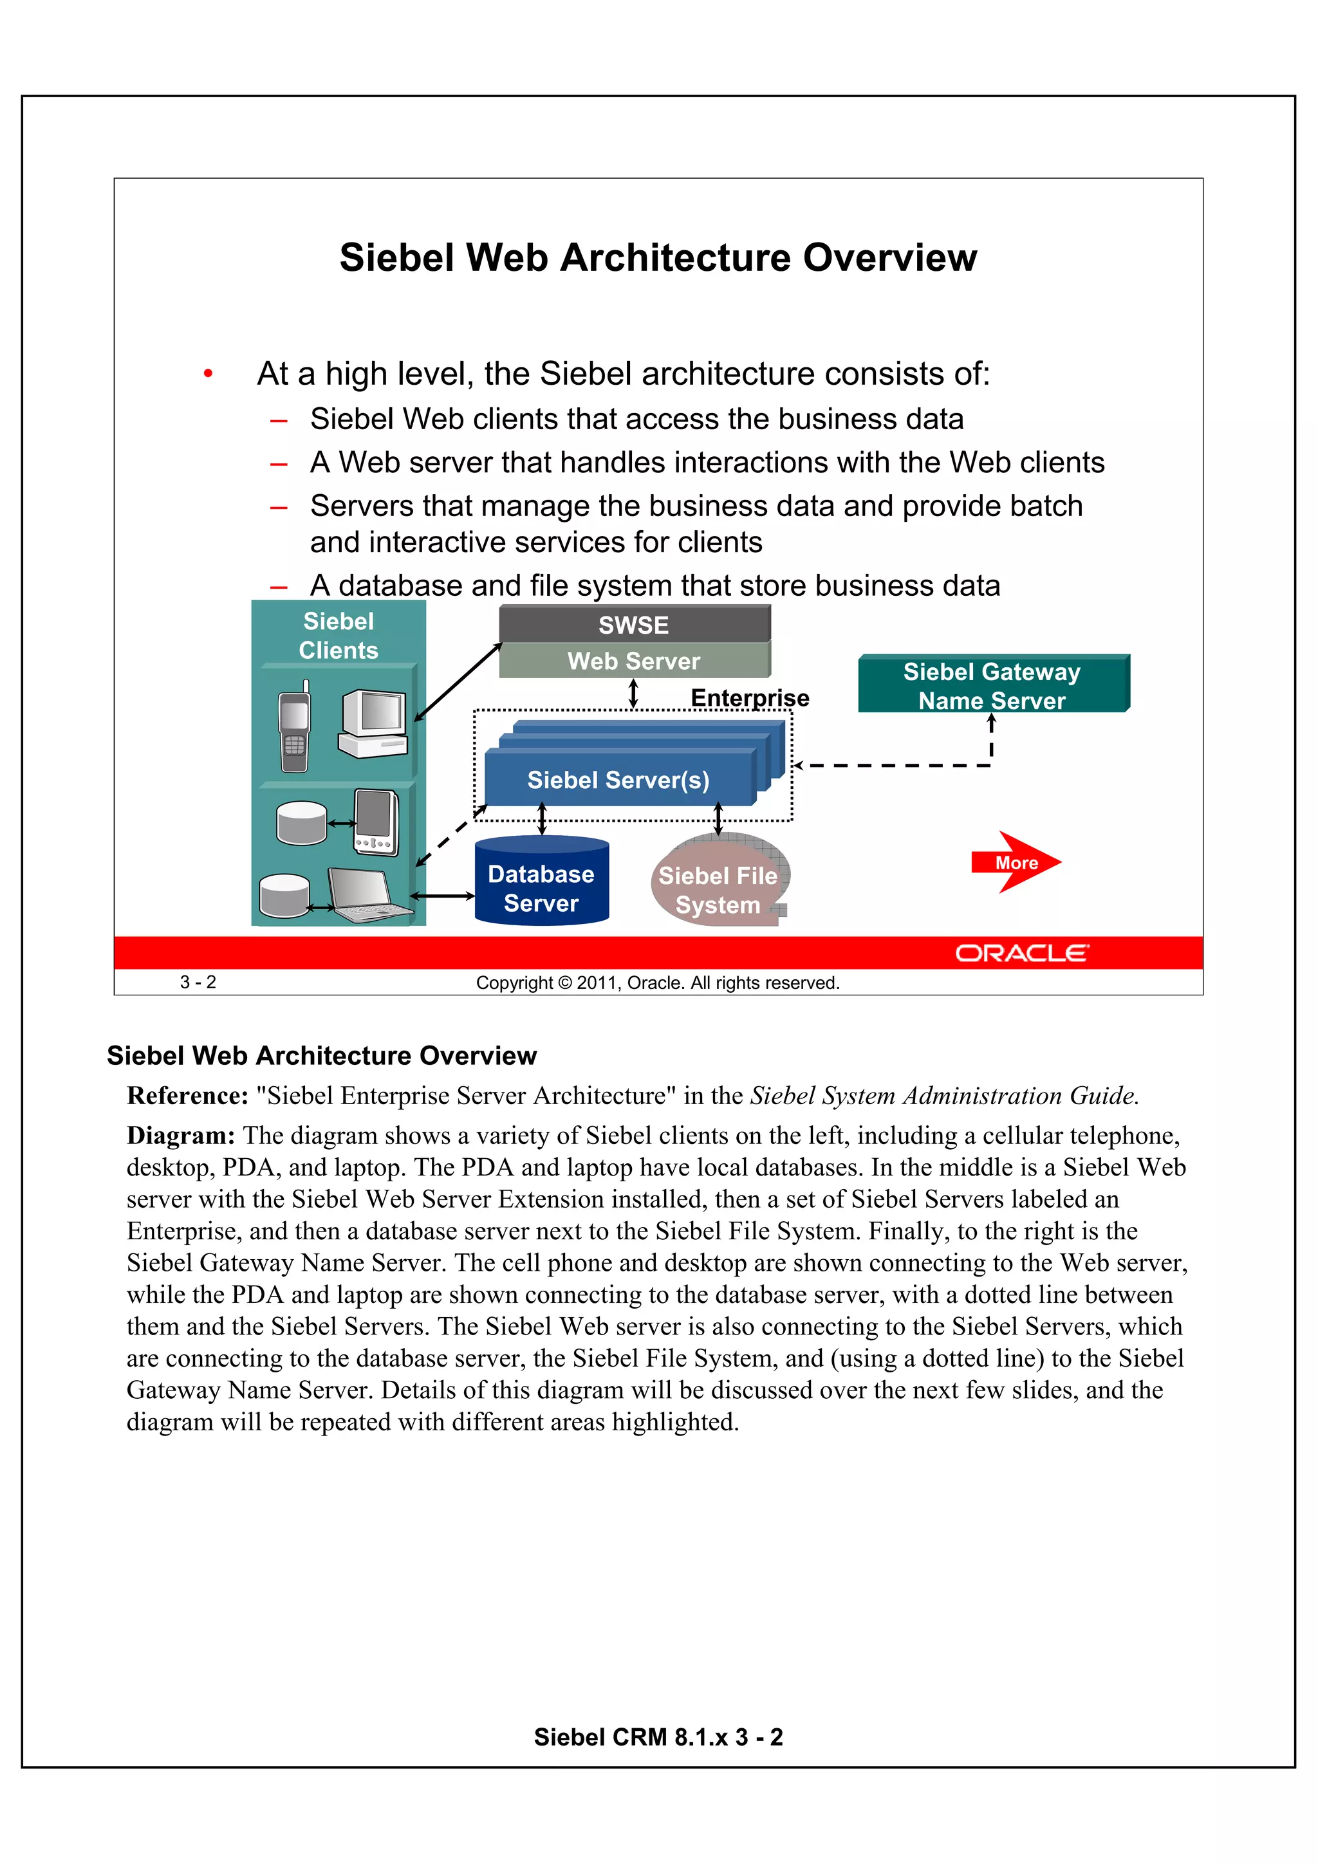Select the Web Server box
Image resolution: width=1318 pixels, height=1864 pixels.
(635, 661)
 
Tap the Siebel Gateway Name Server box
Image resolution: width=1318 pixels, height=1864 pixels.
(992, 685)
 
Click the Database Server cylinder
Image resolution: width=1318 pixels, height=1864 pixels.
(542, 885)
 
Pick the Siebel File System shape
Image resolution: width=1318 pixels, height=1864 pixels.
(718, 885)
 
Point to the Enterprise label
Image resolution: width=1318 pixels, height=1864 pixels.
(750, 697)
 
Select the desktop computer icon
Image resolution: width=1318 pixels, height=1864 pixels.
(373, 723)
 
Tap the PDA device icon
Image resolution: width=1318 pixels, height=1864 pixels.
(376, 822)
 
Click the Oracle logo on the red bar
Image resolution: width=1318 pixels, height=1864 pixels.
(1021, 953)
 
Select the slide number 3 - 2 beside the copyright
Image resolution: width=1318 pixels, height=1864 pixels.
(198, 983)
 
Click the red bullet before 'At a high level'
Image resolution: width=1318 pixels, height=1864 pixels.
(209, 373)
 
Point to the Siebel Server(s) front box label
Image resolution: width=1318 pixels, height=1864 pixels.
(618, 780)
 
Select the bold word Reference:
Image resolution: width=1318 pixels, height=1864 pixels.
(187, 1096)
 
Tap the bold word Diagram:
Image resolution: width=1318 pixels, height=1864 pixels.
(180, 1136)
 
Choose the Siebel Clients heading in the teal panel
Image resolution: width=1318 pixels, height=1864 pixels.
(339, 636)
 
